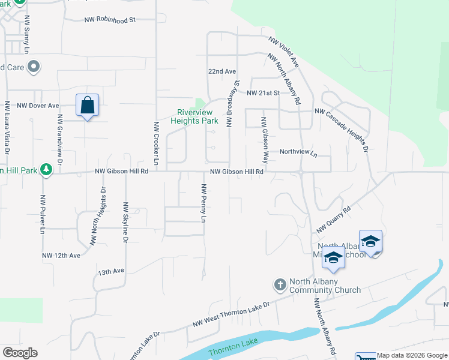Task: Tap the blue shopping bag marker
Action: tap(88, 105)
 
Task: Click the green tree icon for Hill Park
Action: tap(46, 170)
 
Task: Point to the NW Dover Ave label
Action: tap(38, 106)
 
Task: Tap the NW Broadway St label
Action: tap(229, 104)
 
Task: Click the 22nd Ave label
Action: tap(222, 71)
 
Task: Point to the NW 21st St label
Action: tap(264, 93)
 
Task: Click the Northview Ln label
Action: tap(298, 152)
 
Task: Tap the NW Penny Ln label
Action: tap(203, 203)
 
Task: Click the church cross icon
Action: tap(279, 284)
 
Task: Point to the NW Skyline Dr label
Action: tap(125, 223)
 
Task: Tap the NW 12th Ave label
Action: tap(61, 256)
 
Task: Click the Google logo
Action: tap(20, 353)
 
